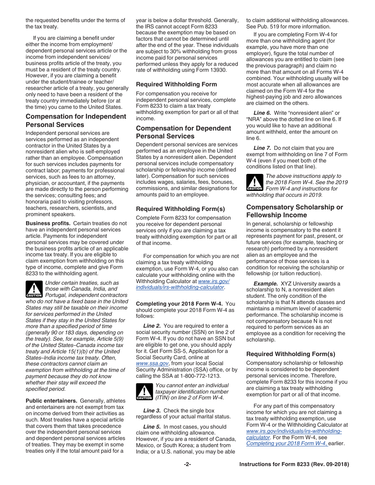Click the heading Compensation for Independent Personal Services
click(x=76, y=121)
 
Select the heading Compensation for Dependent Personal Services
click(x=184, y=132)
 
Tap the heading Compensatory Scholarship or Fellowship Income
click(x=294, y=211)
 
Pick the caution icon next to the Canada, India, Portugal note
click(x=34, y=289)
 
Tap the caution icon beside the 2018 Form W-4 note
click(x=255, y=182)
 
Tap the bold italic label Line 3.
click(x=152, y=410)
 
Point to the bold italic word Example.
click(x=266, y=284)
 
